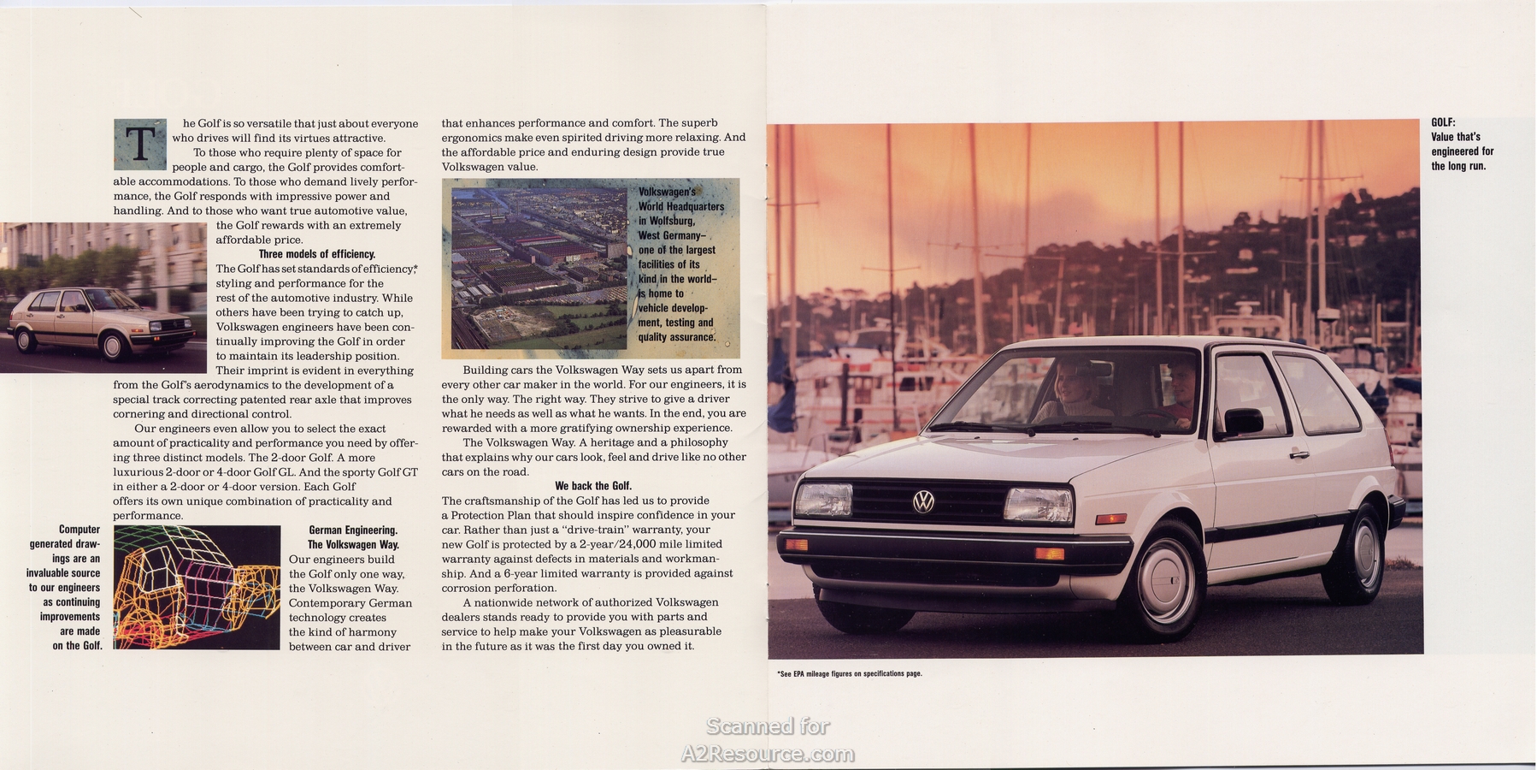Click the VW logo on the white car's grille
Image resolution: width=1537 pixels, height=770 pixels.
923,501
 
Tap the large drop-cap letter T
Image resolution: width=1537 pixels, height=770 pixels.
139,145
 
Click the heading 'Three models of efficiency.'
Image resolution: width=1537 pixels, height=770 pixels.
317,254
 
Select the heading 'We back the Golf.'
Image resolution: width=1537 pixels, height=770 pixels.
593,486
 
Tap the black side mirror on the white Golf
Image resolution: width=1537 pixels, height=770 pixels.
1243,421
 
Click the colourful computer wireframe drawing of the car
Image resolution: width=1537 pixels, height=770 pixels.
197,588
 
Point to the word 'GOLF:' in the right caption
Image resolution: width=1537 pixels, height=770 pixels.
1443,122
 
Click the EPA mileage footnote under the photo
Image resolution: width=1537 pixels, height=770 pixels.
849,674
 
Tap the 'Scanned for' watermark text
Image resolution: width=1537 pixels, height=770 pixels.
767,726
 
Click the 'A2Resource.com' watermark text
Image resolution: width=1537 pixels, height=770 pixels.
767,754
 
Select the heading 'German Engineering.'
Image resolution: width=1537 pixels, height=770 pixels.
353,530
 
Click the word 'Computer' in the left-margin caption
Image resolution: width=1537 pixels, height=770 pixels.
79,530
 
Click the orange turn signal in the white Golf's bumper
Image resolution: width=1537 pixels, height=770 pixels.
1049,554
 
